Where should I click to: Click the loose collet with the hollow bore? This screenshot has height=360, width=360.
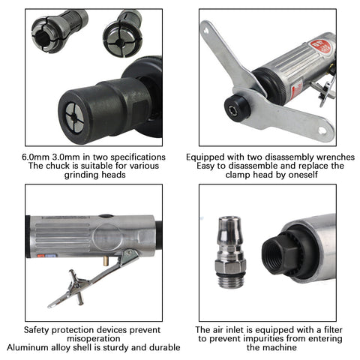(x=59, y=31)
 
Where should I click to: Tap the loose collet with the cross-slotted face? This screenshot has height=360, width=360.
(x=123, y=35)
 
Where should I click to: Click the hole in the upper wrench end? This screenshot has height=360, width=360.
(x=206, y=31)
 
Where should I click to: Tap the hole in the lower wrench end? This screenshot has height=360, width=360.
(x=322, y=130)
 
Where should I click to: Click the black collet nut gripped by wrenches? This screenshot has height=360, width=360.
(x=236, y=109)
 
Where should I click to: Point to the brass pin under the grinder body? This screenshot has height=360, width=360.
(x=105, y=262)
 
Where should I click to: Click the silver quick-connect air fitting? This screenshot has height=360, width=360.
(x=230, y=252)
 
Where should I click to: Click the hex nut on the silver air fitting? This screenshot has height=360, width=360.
(x=230, y=266)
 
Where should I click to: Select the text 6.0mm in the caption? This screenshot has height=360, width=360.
(x=36, y=157)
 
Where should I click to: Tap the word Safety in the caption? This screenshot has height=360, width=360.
(x=37, y=330)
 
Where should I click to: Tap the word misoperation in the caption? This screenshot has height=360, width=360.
(x=94, y=339)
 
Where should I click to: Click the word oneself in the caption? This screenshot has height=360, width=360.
(x=303, y=175)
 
